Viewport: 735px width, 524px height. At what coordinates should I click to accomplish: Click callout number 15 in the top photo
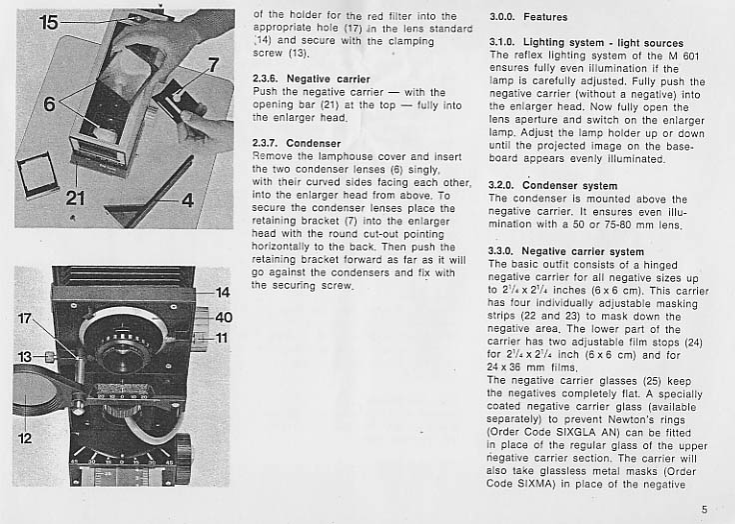(x=48, y=21)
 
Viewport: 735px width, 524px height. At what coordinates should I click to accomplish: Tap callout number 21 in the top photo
(x=76, y=198)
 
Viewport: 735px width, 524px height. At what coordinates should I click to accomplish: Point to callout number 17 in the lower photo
(x=26, y=318)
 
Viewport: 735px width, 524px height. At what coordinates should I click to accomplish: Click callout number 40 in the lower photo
(x=223, y=317)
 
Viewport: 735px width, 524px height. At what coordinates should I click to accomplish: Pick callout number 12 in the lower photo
(x=25, y=437)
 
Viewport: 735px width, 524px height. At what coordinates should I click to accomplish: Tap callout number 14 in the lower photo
(x=222, y=293)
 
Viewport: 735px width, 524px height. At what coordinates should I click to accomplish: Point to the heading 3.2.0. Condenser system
(x=553, y=186)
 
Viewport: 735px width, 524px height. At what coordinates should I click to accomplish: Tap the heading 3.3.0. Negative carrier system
(x=567, y=251)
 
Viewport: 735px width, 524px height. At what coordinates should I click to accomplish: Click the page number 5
(x=704, y=509)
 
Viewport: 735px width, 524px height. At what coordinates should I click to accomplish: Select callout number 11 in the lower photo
(x=222, y=338)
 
